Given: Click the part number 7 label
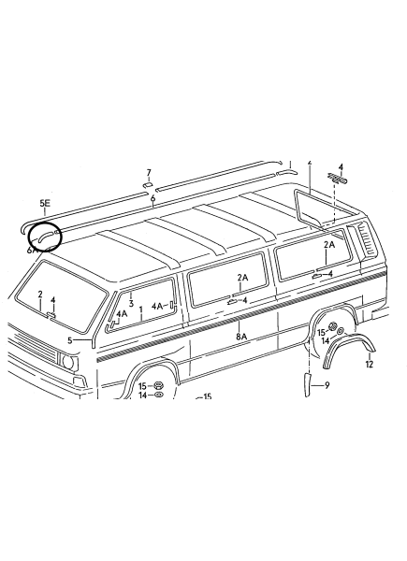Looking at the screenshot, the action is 149,173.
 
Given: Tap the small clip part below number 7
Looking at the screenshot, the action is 148,184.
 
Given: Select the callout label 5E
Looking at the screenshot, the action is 45,203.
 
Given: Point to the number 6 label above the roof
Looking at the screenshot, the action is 153,198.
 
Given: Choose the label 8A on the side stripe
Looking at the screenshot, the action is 241,337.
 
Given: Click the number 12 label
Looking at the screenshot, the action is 370,364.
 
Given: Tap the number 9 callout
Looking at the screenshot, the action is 327,385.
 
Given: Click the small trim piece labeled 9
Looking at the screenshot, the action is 308,384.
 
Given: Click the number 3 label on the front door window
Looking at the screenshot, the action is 131,304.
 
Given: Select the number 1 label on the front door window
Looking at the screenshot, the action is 141,309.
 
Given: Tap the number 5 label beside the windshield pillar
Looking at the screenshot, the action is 70,340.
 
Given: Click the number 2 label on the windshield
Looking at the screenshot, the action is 40,295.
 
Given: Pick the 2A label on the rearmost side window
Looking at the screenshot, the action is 329,245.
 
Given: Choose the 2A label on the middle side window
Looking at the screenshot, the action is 242,278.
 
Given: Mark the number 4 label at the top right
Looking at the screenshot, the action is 341,167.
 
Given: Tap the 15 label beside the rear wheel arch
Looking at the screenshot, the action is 322,333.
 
